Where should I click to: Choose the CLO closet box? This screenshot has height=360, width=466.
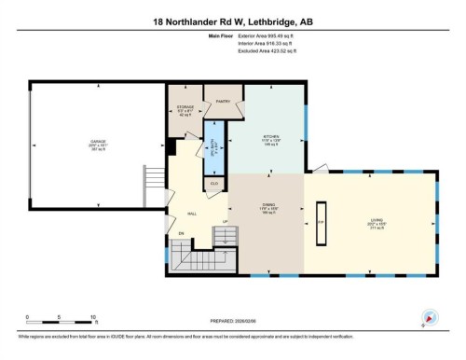pos(214,183)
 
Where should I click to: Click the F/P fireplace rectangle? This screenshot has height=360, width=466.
pos(321,222)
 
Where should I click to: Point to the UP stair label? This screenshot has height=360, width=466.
pos(225,222)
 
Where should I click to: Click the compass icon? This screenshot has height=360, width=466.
pos(428,317)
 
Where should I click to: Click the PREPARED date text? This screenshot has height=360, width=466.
pos(232,323)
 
